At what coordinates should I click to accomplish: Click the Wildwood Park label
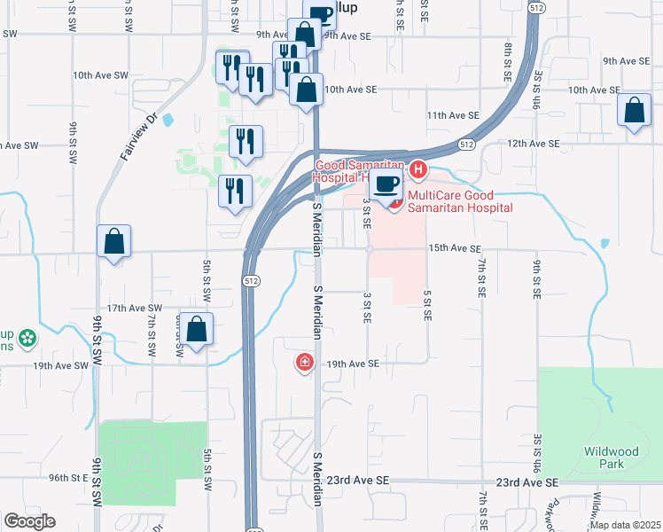point(611,457)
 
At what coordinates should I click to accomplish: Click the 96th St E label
point(70,477)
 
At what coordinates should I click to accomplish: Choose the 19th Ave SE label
point(353,364)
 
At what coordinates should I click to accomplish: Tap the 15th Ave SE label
point(454,249)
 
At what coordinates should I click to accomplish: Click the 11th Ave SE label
point(452,115)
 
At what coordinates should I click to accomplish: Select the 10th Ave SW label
point(101,75)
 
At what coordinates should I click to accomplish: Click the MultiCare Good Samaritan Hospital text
point(459,207)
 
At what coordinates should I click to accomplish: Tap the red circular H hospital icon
point(419,168)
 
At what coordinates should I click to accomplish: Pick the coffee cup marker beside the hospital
point(385,186)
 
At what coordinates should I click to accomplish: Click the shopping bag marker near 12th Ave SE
point(635,112)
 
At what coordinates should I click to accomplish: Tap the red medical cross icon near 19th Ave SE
point(305,362)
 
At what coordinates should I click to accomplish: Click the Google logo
point(29,521)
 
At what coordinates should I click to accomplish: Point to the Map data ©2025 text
point(625,525)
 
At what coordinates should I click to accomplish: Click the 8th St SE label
point(509,61)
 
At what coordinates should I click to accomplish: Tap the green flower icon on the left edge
point(27,337)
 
